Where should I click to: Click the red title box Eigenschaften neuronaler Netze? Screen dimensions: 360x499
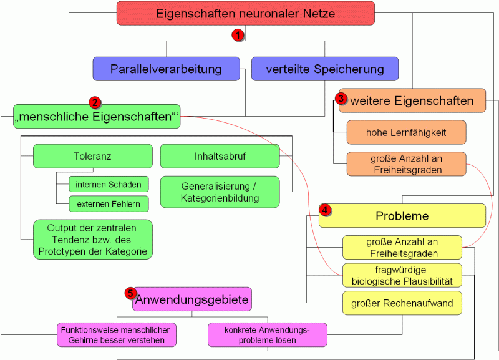245,13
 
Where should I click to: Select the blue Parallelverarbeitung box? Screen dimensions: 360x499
166,69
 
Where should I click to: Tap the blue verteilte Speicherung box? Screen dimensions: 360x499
325,69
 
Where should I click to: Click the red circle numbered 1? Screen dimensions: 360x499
237,36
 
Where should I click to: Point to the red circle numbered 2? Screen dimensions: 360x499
95,102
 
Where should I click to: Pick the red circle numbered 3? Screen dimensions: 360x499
341,99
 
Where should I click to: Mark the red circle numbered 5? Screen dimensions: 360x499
130,293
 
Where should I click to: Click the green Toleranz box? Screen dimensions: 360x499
92,156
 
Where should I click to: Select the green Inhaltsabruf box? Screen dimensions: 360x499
219,156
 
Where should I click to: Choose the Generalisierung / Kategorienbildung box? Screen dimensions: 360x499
219,192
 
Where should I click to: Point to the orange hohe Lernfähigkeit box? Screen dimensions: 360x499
406,132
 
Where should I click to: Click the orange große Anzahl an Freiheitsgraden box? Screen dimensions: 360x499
406,163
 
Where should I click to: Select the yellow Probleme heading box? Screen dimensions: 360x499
402,216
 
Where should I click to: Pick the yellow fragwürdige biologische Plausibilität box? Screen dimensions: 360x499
402,275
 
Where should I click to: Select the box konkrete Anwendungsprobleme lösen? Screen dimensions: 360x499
268,334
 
